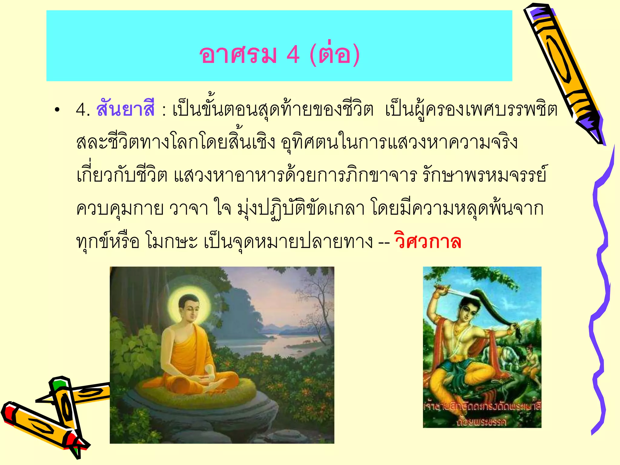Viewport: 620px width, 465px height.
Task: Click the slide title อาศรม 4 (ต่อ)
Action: tap(279, 54)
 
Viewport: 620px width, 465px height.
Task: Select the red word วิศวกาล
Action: tap(427, 242)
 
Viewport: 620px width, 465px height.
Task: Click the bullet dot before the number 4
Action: tap(57, 110)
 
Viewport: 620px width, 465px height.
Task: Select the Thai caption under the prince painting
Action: tap(482, 413)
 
